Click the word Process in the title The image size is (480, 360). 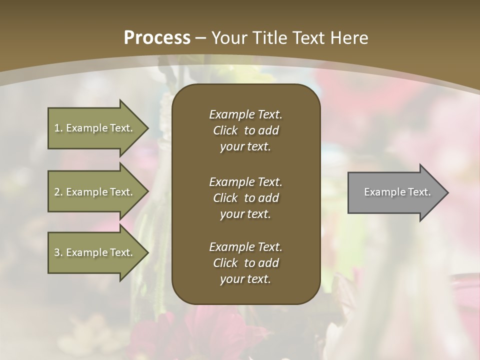157,38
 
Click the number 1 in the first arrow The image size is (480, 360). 57,128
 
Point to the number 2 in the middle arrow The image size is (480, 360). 57,192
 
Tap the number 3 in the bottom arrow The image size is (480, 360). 57,252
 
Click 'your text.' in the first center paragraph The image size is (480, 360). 245,147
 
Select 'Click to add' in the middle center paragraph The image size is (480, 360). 245,198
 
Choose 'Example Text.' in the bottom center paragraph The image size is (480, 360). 245,247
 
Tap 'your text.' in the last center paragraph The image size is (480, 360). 245,279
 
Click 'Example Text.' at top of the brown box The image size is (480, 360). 245,114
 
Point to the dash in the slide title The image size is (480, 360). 201,38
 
